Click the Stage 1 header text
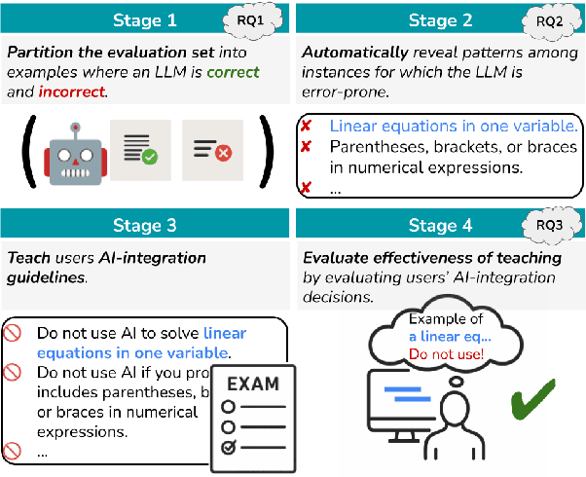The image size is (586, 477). coord(144,20)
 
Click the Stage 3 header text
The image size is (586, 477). coord(144,226)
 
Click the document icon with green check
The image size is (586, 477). coord(138,149)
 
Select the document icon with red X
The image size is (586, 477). coord(210,149)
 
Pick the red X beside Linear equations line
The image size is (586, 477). coord(306,127)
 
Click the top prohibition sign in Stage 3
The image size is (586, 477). coord(13,333)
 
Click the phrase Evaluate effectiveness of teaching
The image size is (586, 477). coord(431,258)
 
